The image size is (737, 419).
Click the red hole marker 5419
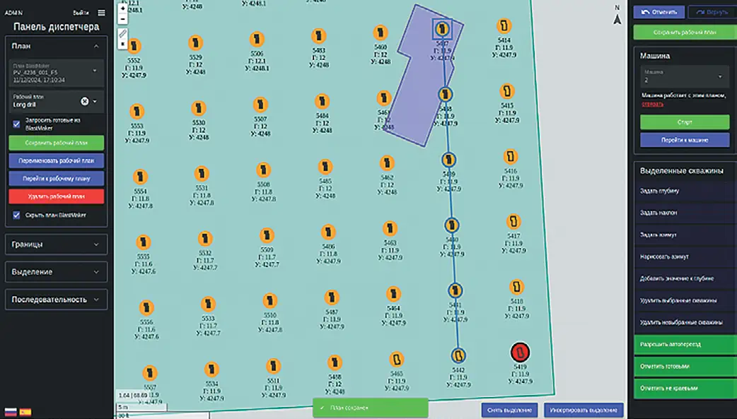pos(521,351)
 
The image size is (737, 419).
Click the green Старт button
pos(684,122)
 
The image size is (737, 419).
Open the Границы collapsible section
pos(56,244)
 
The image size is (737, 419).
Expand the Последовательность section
pos(56,300)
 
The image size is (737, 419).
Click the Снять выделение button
pos(509,410)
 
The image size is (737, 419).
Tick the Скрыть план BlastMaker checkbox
pos(17,215)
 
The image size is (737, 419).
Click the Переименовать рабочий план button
pos(56,160)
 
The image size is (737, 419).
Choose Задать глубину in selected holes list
pos(684,191)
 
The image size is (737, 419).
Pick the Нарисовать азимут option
pos(684,256)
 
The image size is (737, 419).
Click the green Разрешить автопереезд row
pos(684,344)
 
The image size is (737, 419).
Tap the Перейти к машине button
pos(684,140)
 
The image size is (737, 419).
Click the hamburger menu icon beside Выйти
pos(102,12)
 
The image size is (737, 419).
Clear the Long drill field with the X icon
pos(85,101)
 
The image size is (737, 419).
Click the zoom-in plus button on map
pos(123,9)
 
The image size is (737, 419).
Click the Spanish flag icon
pos(25,411)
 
